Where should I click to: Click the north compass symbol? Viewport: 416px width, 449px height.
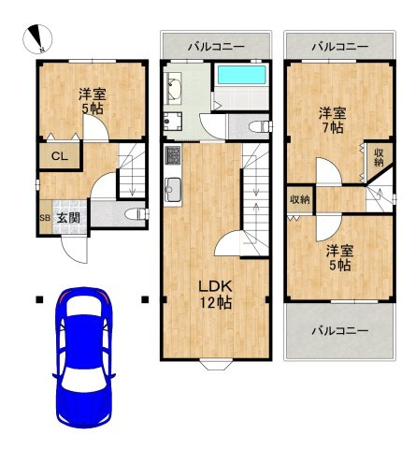pos(37,39)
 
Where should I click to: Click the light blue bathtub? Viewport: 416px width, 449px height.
pos(241,75)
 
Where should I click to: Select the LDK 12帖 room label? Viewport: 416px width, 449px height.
pos(216,294)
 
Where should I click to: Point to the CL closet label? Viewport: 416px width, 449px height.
pos(60,156)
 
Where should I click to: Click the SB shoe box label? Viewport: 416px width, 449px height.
pos(45,218)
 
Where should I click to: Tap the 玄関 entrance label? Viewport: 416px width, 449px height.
pos(68,218)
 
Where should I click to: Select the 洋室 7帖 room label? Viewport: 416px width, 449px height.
pos(333,121)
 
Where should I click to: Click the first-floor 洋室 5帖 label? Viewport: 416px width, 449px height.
pos(93,101)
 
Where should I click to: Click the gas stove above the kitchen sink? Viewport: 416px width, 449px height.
pos(173,156)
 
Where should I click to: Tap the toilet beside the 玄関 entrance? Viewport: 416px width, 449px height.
pos(136,214)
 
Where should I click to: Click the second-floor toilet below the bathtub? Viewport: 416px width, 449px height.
pos(261,126)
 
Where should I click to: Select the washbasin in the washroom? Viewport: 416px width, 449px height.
pos(173,87)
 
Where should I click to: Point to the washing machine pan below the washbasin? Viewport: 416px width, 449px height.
pos(173,122)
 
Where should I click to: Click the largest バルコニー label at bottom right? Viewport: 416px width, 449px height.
pos(340,330)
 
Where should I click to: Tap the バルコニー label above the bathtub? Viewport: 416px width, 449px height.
pos(216,47)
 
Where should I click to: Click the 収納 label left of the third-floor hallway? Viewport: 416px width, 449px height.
pos(300,199)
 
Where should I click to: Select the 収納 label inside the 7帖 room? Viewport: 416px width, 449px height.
pos(379,158)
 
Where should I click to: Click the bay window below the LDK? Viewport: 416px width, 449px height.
pos(216,364)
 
